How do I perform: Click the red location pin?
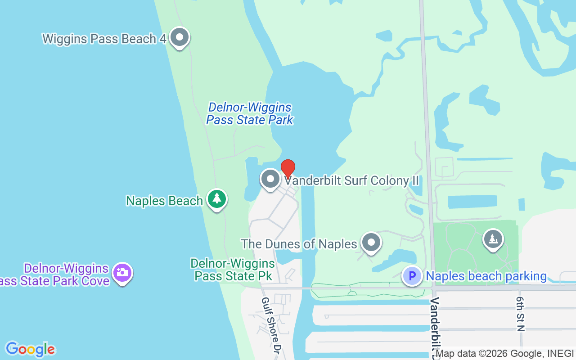pyautogui.click(x=288, y=169)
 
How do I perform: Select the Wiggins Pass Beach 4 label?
pyautogui.click(x=104, y=39)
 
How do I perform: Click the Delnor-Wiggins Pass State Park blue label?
pyautogui.click(x=250, y=113)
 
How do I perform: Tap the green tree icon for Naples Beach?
pyautogui.click(x=217, y=199)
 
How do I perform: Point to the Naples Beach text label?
pyautogui.click(x=164, y=201)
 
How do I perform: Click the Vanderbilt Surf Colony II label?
pyautogui.click(x=351, y=181)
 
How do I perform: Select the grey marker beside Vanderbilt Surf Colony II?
pyautogui.click(x=270, y=179)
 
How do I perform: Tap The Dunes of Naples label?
pyautogui.click(x=299, y=244)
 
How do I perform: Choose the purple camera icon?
pyautogui.click(x=122, y=273)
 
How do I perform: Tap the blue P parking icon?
pyautogui.click(x=412, y=275)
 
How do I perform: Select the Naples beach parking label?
pyautogui.click(x=486, y=276)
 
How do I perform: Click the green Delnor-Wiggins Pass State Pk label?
pyautogui.click(x=233, y=269)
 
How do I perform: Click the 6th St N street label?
pyautogui.click(x=521, y=314)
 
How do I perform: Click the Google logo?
pyautogui.click(x=30, y=349)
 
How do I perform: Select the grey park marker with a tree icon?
pyautogui.click(x=493, y=239)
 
